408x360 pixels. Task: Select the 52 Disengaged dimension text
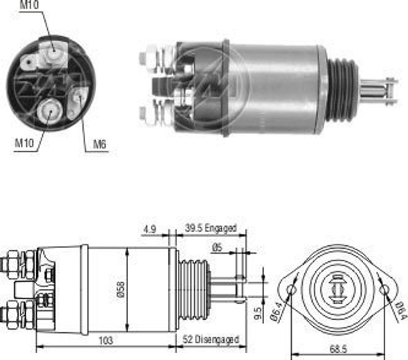212,339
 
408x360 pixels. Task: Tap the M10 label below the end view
24,143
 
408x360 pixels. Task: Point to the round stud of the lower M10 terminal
50,110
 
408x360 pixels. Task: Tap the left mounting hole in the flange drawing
291,289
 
